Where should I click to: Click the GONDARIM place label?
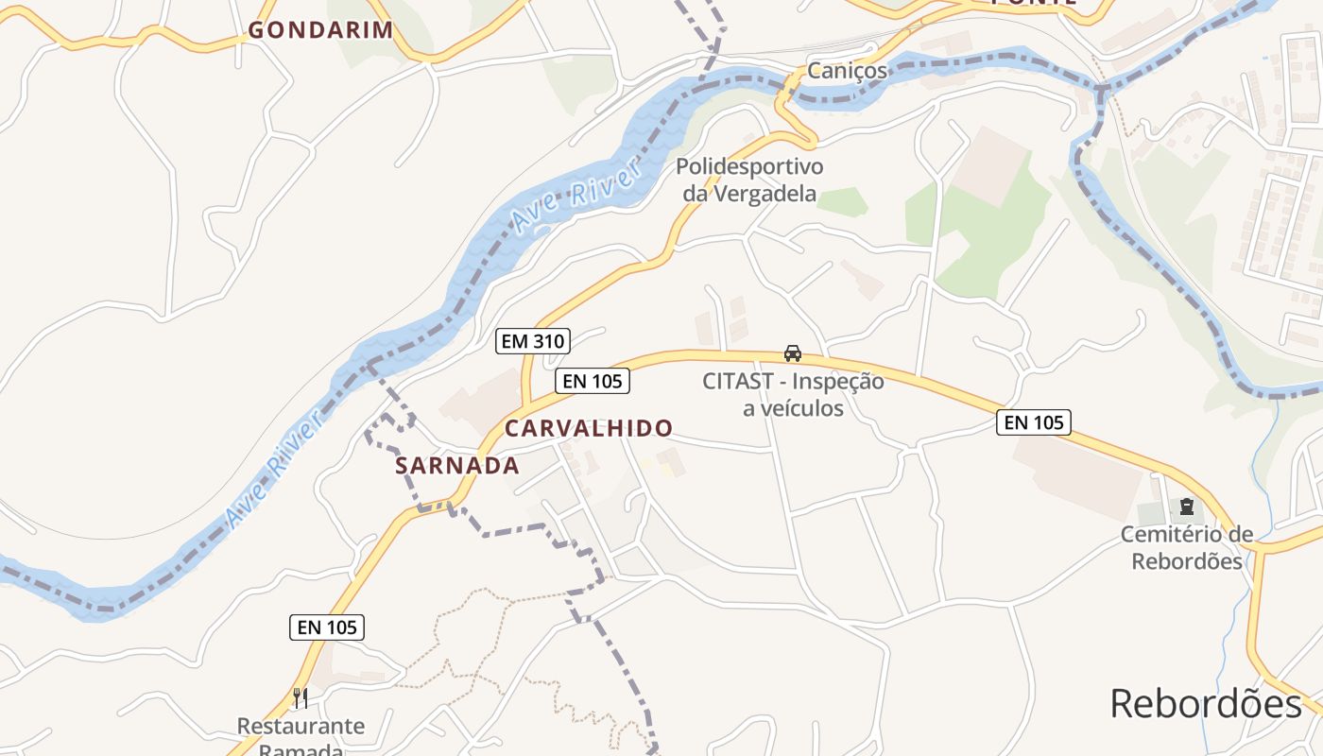pyautogui.click(x=320, y=30)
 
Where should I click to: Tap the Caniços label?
pyautogui.click(x=847, y=71)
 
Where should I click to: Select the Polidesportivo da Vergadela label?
pyautogui.click(x=749, y=180)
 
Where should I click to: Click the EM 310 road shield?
pyautogui.click(x=533, y=341)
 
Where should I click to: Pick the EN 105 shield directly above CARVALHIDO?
pyautogui.click(x=593, y=381)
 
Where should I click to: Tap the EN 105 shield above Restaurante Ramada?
pyautogui.click(x=327, y=627)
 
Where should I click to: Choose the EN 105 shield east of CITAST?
pyautogui.click(x=1034, y=422)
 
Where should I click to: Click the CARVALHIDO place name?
pyautogui.click(x=589, y=428)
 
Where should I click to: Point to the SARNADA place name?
pyautogui.click(x=457, y=465)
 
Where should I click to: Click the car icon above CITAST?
pyautogui.click(x=793, y=353)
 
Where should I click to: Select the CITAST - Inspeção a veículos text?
pyautogui.click(x=793, y=394)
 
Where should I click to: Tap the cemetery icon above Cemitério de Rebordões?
pyautogui.click(x=1187, y=507)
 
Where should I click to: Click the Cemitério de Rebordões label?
pyautogui.click(x=1187, y=547)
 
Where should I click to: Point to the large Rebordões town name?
pyautogui.click(x=1206, y=704)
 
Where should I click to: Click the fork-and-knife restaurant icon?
pyautogui.click(x=301, y=698)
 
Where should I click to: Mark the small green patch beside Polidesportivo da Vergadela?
pyautogui.click(x=843, y=201)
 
